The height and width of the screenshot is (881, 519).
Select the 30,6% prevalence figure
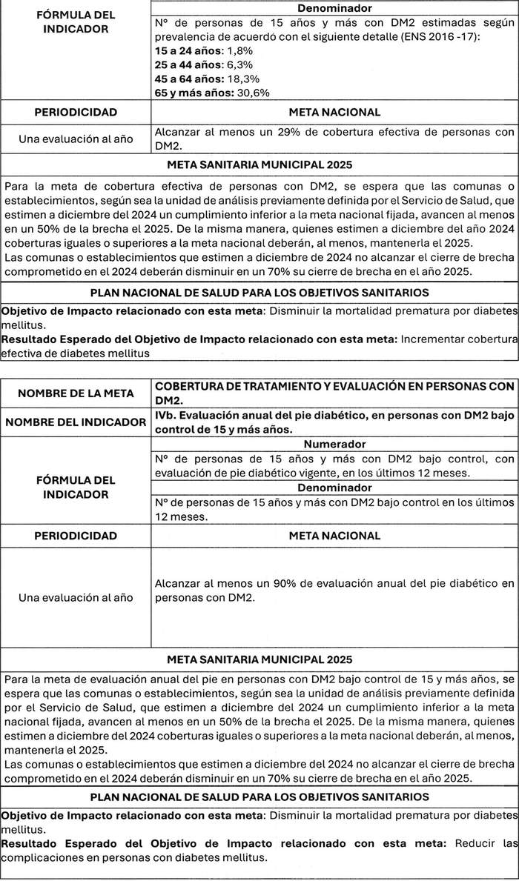click(253, 93)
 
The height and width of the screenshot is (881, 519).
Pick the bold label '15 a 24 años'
click(182, 50)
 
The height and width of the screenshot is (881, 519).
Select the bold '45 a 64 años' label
click(182, 79)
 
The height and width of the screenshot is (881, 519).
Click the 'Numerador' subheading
click(334, 444)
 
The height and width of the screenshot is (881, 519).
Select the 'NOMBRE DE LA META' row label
click(75, 393)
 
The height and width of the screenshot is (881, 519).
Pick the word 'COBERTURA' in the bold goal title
click(190, 386)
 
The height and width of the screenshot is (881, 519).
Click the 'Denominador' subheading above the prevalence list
click(334, 8)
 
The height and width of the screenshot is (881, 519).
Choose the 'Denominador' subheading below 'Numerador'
click(334, 488)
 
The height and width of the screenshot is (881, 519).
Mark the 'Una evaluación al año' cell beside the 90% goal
click(75, 598)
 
